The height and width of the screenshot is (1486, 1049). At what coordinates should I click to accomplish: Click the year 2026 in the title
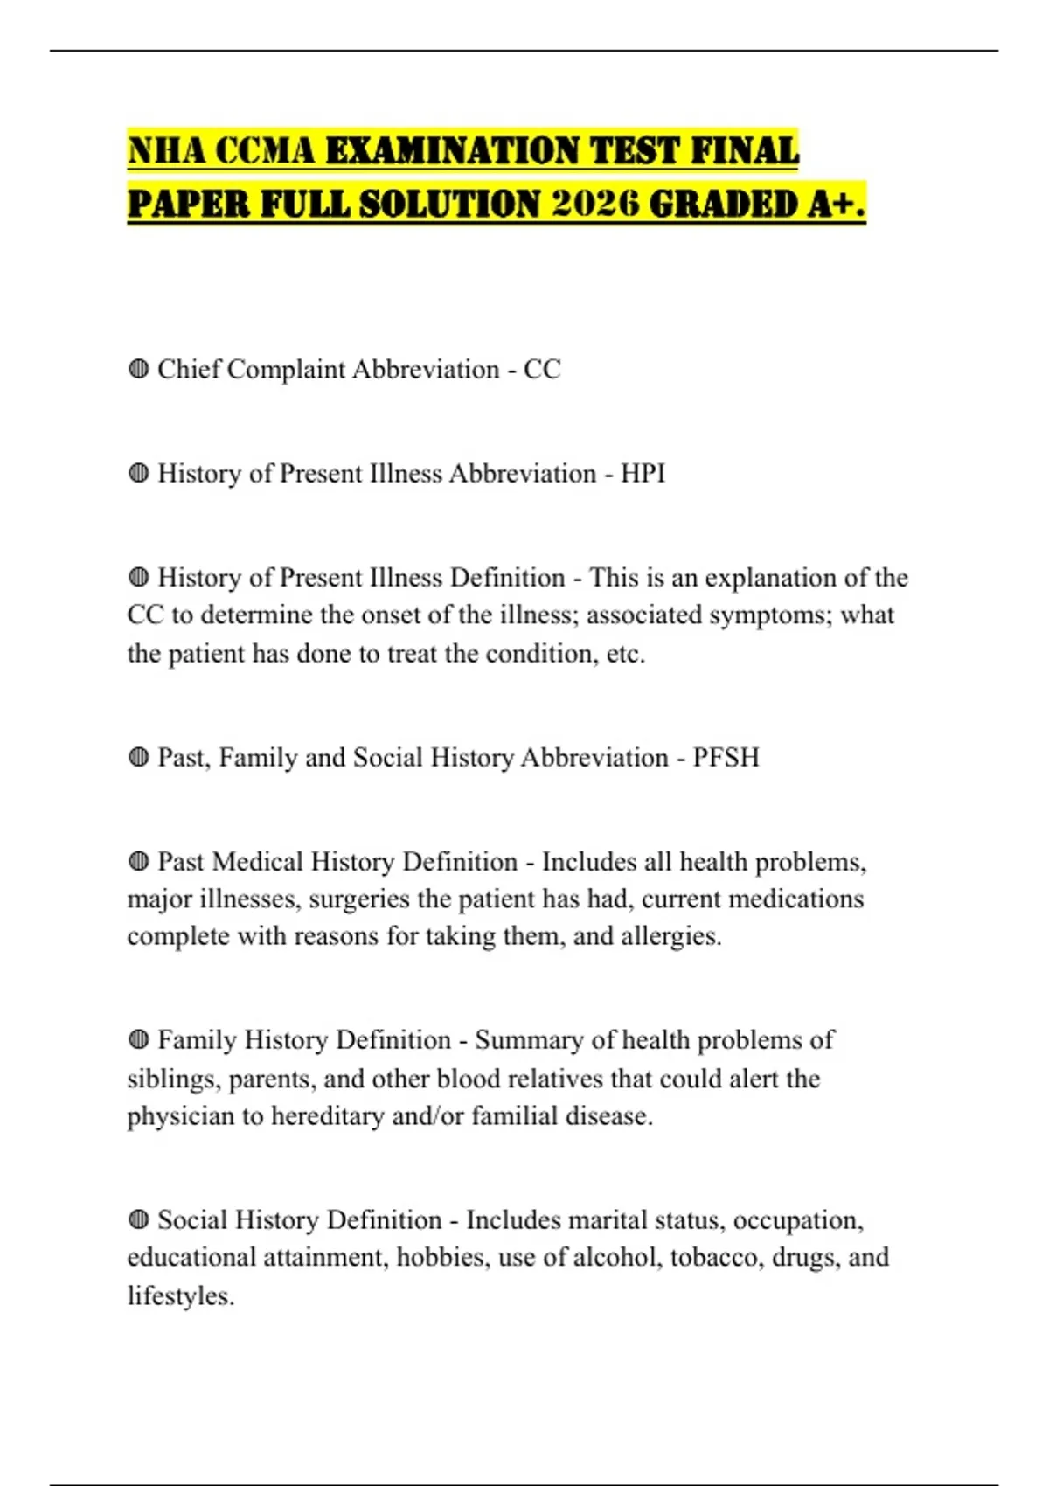pyautogui.click(x=596, y=205)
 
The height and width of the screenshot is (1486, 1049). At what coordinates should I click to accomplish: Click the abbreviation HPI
pyautogui.click(x=643, y=474)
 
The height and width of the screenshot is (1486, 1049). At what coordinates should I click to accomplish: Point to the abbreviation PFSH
pyautogui.click(x=726, y=757)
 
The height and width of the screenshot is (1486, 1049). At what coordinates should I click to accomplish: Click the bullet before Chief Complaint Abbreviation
pyautogui.click(x=138, y=370)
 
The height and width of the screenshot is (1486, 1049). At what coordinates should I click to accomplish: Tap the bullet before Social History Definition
pyautogui.click(x=138, y=1219)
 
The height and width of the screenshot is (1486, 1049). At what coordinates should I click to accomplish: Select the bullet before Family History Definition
pyautogui.click(x=138, y=1040)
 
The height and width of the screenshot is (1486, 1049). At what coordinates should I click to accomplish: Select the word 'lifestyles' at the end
pyautogui.click(x=180, y=1295)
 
